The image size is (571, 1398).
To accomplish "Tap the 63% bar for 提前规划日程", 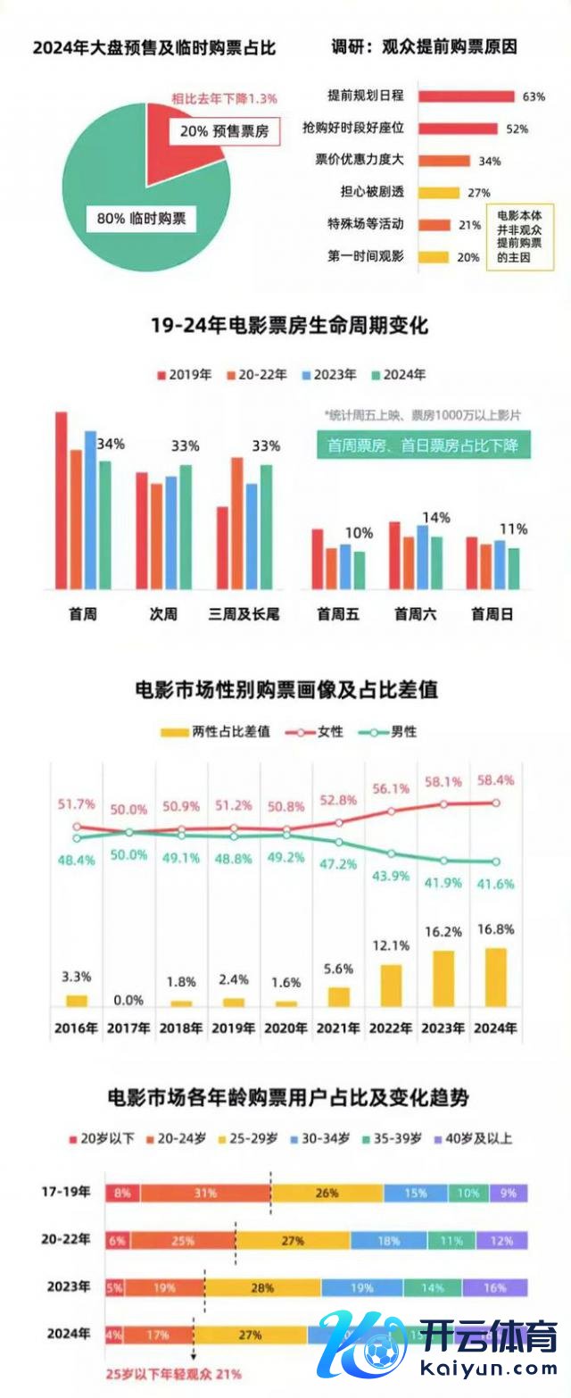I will pos(465,96).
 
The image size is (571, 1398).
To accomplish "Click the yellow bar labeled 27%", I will pos(438,193).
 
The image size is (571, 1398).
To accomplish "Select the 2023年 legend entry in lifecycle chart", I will pos(328,375).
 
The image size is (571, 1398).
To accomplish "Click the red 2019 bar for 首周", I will pos(62,500).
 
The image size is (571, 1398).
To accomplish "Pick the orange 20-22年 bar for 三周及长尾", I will pos(237,523).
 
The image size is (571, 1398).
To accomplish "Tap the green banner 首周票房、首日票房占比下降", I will pos(423,444).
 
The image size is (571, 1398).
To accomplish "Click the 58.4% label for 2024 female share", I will pos(496,779).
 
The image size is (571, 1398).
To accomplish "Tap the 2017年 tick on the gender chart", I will pos(128,1028).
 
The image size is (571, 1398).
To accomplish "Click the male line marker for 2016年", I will pos(77,838).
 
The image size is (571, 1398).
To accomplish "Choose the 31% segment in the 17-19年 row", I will pos(205,1192).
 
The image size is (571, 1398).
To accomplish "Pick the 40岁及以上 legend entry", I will pos(472,1138).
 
